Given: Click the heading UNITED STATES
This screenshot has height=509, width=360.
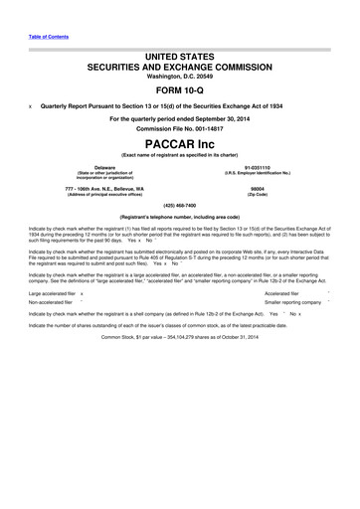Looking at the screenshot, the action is coord(180,60).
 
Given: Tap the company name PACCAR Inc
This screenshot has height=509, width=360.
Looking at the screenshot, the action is coord(180,145).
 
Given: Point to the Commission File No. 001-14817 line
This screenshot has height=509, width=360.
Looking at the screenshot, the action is coord(180,130).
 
